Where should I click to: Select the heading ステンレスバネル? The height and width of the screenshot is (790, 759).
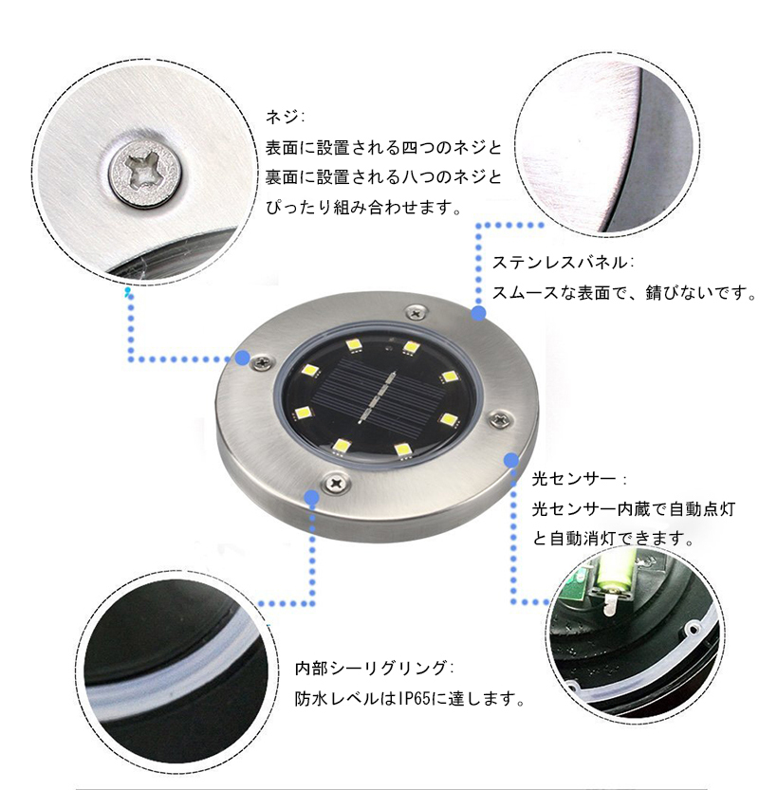coord(563,263)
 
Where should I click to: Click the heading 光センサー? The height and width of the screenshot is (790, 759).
coord(579,479)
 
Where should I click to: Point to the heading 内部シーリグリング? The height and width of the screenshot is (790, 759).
coord(374,669)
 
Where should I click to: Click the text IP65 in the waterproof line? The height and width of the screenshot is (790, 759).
coord(415,699)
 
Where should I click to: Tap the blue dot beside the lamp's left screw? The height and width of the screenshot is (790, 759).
coord(243,358)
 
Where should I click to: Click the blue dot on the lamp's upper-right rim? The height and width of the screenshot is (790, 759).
coord(479,313)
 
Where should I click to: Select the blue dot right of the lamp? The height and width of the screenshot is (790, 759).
coord(511,460)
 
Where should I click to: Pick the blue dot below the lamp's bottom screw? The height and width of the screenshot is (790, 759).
coord(312,498)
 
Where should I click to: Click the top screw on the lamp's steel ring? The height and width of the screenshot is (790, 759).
coord(415,313)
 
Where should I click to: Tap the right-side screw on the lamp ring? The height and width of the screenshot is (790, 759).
coord(499,418)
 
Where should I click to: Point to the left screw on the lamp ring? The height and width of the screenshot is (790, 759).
coord(262,361)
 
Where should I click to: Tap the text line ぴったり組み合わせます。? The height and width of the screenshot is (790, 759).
coord(363,207)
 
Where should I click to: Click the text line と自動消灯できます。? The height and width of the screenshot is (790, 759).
coord(613,539)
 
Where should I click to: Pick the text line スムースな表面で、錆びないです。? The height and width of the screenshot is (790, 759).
coord(624,293)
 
